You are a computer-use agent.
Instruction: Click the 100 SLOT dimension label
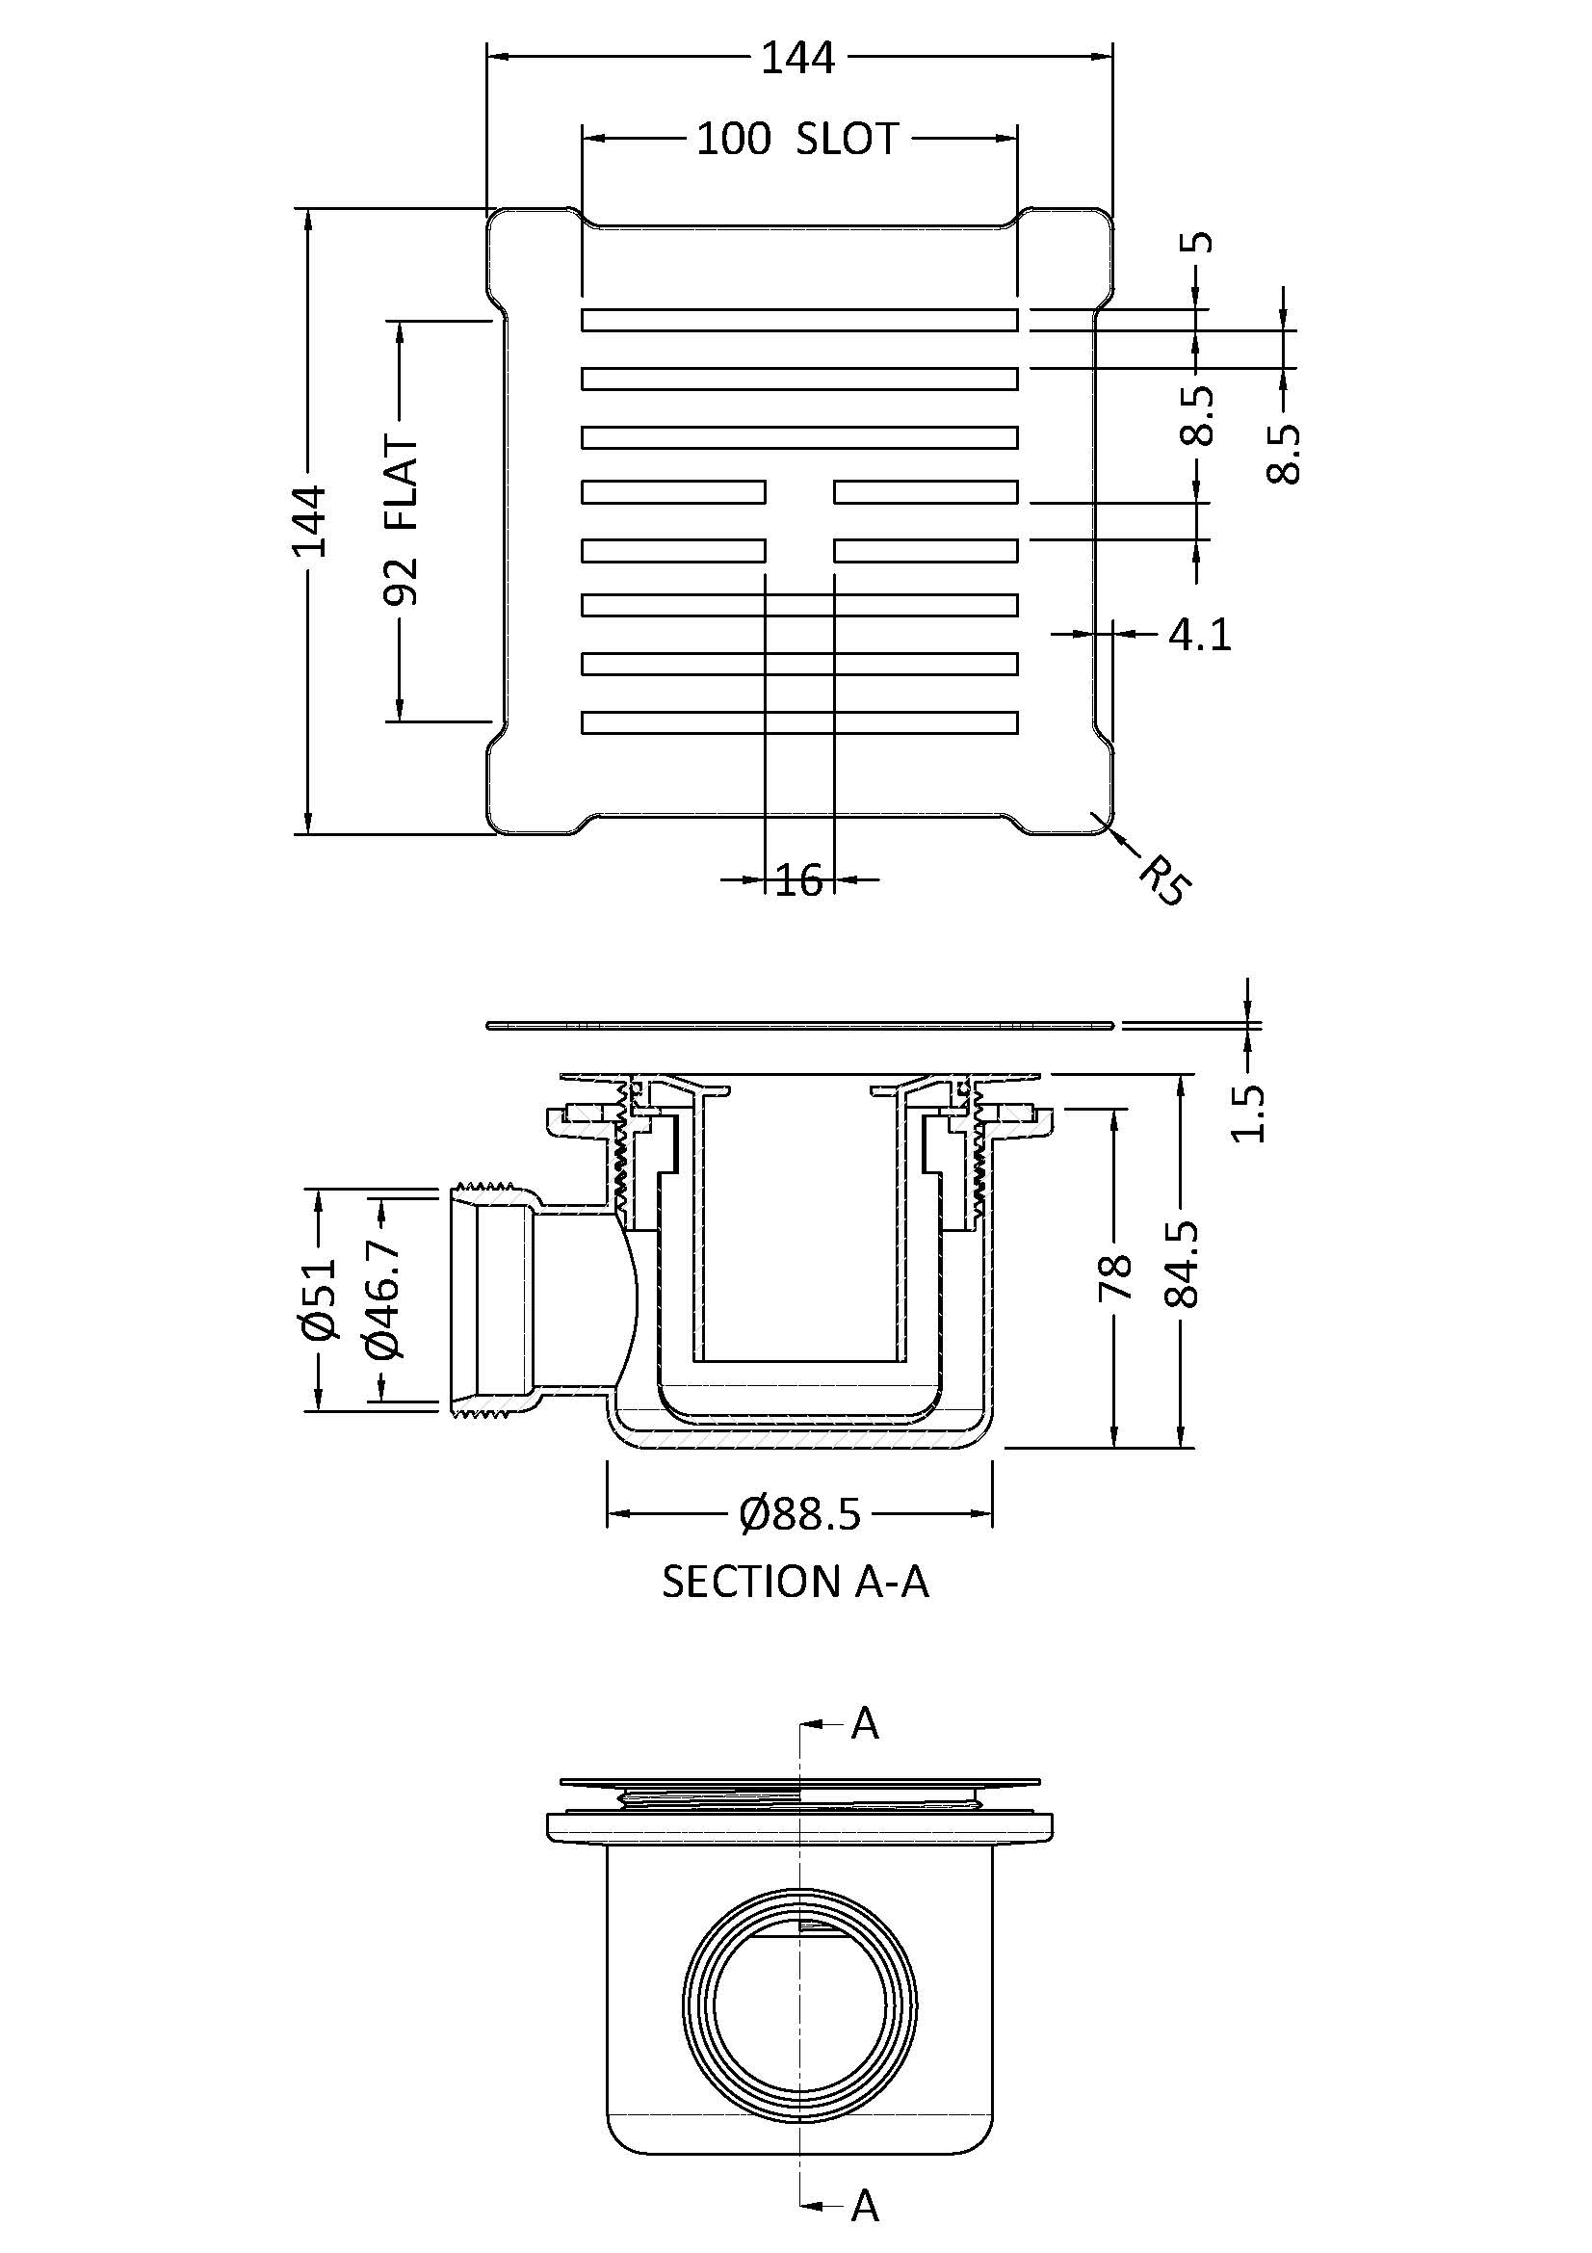(x=797, y=139)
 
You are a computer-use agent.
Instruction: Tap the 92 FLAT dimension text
(x=403, y=521)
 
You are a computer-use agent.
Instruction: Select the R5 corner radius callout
(x=1164, y=878)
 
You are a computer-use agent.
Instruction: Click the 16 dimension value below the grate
(x=798, y=880)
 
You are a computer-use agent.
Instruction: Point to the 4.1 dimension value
(x=1199, y=635)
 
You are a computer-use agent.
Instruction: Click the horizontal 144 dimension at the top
(x=798, y=59)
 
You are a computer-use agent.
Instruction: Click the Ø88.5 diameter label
(x=800, y=1514)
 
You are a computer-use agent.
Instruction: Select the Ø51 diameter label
(x=320, y=1299)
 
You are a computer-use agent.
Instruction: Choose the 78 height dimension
(x=1115, y=1275)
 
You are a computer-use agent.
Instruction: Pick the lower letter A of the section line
(x=864, y=2206)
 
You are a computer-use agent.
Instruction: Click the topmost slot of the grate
(x=798, y=320)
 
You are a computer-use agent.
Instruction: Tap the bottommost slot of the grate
(x=798, y=722)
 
